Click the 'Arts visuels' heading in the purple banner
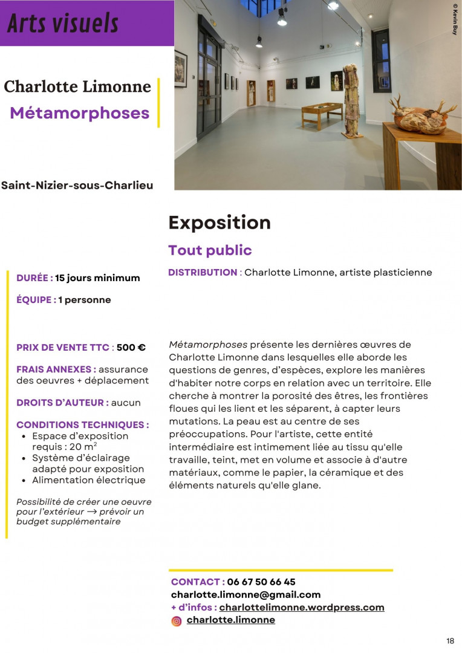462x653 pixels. pos(63,24)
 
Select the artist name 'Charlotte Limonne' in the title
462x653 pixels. pos(77,86)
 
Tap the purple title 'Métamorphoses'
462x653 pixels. pos(80,112)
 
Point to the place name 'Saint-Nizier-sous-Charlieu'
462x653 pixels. pos(77,185)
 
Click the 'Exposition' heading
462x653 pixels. pos(220,223)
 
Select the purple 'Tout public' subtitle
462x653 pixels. pos(210,250)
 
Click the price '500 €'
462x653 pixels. pos(131,348)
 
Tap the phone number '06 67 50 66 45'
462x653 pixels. pos(261,582)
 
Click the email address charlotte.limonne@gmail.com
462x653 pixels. pos(246,594)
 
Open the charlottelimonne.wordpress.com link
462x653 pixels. pos(302,607)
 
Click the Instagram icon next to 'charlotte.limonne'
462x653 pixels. pos(177,620)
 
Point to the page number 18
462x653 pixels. pos(450,641)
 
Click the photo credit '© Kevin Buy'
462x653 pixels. pos(455,20)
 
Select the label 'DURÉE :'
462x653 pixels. pos(34,278)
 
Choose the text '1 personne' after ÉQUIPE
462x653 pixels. pos(85,300)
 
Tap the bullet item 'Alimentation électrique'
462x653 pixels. pos(89,480)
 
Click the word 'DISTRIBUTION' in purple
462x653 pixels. pos(203,273)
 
